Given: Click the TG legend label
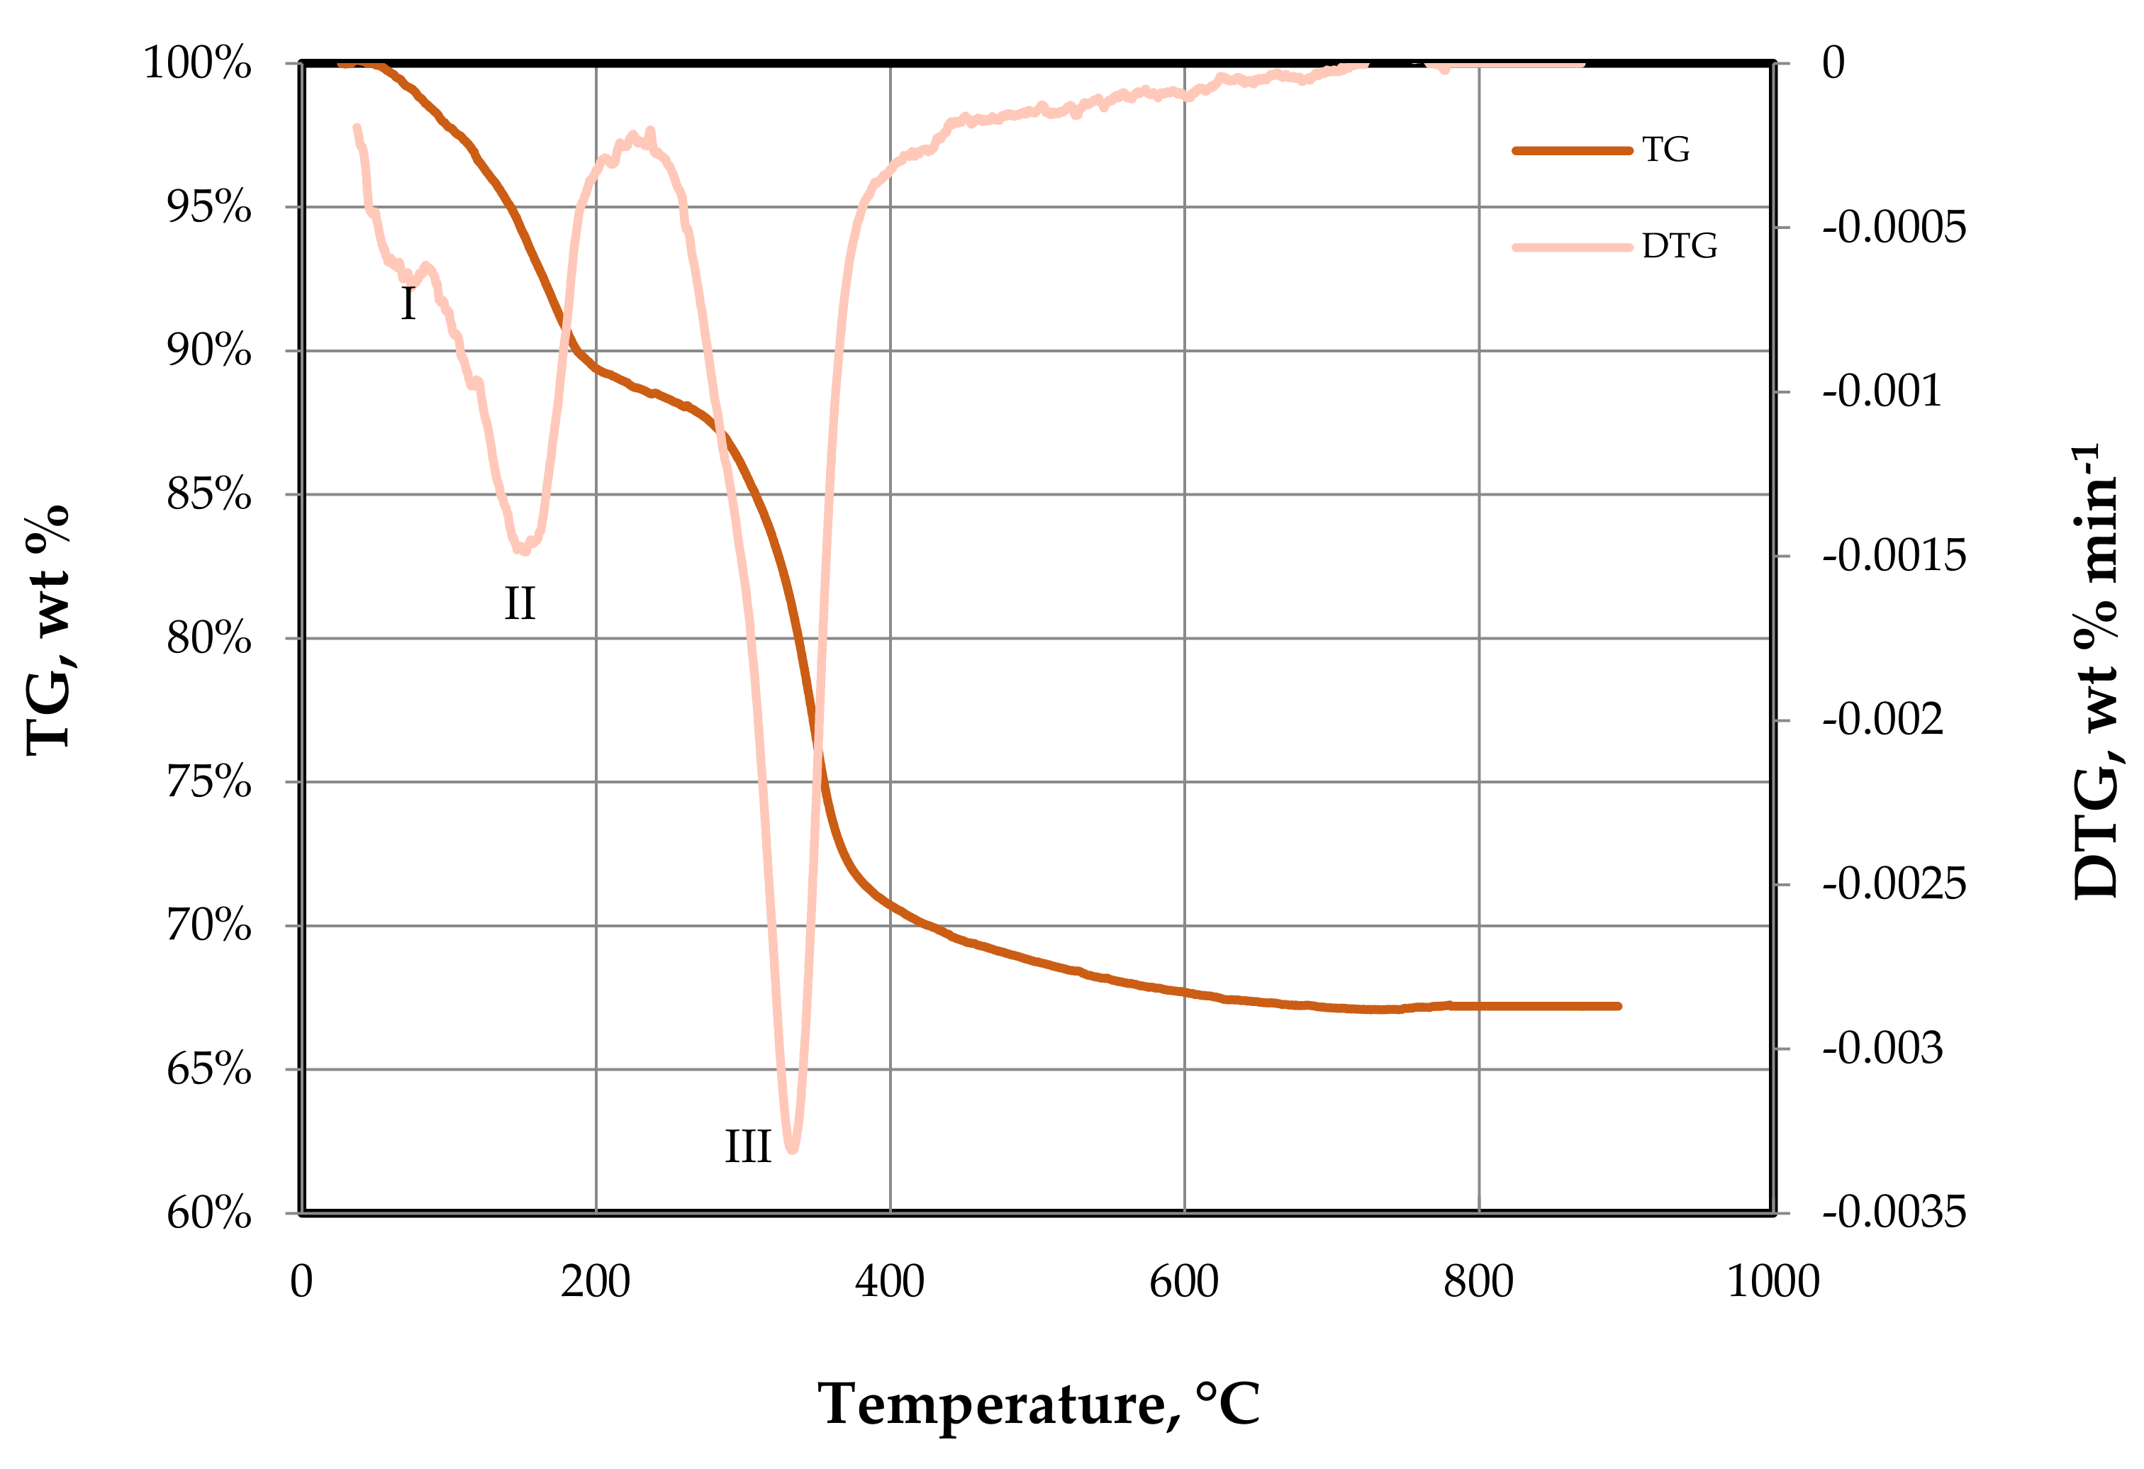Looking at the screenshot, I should (x=1665, y=150).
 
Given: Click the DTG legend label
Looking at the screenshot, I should (x=1679, y=247).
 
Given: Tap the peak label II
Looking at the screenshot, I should (x=520, y=604).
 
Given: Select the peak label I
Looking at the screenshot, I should (x=408, y=303).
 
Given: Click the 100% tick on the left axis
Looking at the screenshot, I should (x=197, y=64).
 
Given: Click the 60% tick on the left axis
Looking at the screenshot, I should (x=208, y=1213).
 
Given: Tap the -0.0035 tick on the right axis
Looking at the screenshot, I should (x=1894, y=1212).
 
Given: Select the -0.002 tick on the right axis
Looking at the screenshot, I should (x=1882, y=720).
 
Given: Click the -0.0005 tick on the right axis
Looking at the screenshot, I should (x=1894, y=228).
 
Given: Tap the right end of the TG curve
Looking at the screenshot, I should (x=1618, y=1006).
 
